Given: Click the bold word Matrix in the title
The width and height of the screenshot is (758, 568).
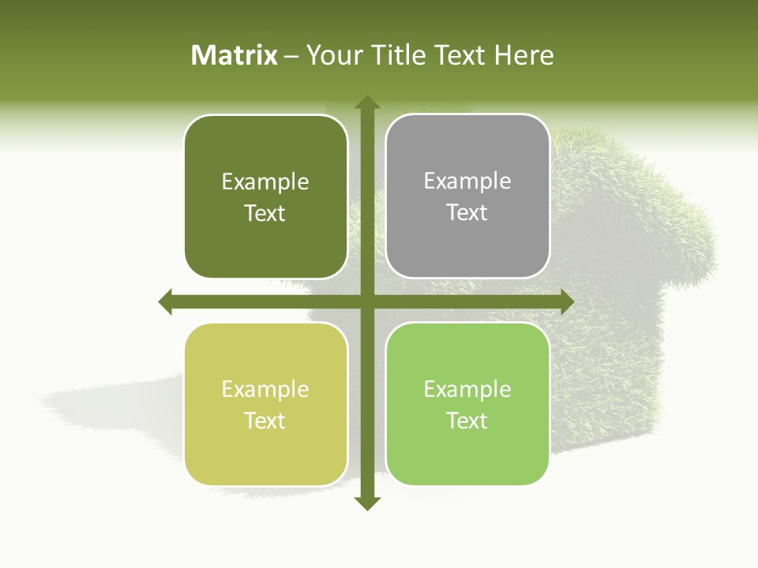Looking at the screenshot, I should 235,55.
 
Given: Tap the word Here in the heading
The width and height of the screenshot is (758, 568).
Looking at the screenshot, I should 523,55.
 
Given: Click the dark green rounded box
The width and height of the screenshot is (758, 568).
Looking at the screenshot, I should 265,197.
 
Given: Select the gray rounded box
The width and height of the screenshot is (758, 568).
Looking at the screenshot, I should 467,196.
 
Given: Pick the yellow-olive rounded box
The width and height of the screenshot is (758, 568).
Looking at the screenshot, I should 265,405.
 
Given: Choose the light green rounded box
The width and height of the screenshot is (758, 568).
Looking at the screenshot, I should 467,404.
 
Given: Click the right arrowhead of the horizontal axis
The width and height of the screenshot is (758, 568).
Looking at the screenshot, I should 566,301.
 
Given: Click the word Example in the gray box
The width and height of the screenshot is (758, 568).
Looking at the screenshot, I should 467,181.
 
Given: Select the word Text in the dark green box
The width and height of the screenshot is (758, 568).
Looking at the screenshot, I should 265,214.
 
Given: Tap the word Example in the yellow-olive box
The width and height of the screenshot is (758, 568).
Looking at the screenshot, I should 265,389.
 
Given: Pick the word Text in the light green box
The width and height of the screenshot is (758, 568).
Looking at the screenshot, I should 467,420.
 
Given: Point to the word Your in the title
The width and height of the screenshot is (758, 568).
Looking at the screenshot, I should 335,55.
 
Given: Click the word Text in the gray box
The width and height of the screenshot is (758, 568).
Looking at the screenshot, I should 467,213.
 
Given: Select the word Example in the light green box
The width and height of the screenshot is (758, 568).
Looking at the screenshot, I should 467,389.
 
